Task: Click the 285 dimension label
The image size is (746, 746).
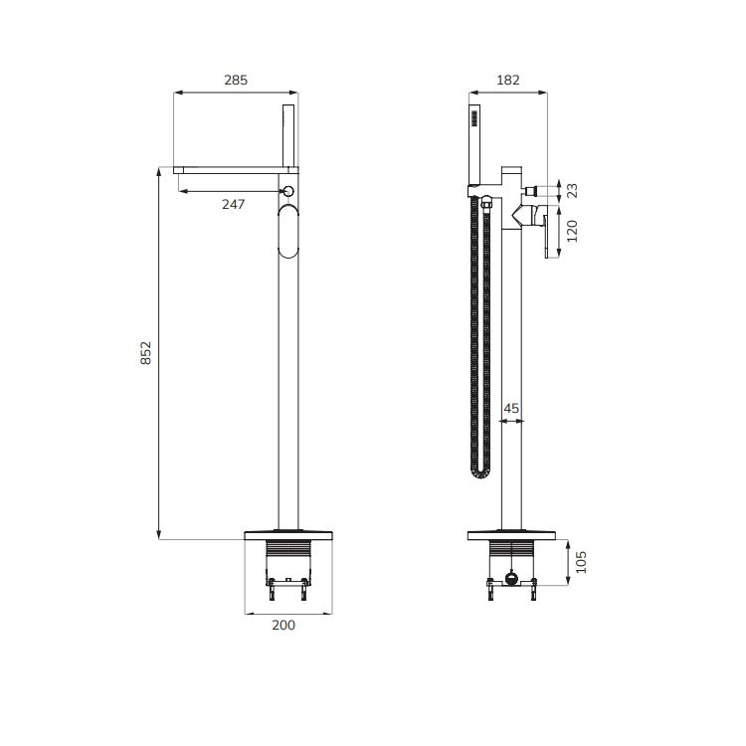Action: point(236,80)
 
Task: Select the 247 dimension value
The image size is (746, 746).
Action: point(233,204)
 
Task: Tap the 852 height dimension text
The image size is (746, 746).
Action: point(145,353)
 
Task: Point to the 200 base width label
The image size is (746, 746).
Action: point(283,625)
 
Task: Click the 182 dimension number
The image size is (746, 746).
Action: point(508,80)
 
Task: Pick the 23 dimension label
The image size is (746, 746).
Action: point(573,190)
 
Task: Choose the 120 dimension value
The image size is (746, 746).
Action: point(572,231)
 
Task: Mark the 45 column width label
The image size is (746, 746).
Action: point(511,408)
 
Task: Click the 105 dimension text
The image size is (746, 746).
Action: point(581,562)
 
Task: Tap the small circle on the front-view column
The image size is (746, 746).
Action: point(288,191)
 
